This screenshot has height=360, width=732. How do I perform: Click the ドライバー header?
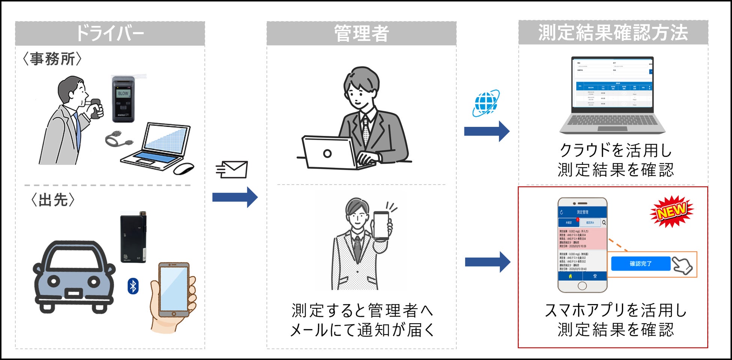(110, 33)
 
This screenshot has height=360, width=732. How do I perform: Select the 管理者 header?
(361, 33)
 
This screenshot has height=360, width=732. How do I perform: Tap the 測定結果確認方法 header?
(613, 33)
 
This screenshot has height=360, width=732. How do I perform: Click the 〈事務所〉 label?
(52, 59)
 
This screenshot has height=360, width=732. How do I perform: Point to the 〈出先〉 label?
(53, 200)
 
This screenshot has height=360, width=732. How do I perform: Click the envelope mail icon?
(232, 170)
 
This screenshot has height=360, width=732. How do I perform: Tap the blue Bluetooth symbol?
(133, 286)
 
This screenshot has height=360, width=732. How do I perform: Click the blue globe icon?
(486, 102)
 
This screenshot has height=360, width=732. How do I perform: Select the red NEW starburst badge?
(672, 211)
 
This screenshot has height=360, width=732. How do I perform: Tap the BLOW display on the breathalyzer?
(123, 93)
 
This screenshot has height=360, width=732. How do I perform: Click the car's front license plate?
(74, 293)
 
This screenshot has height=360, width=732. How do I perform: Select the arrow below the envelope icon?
(235, 197)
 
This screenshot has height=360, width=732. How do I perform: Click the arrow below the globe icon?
(486, 131)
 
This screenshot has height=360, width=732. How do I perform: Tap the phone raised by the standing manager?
(381, 225)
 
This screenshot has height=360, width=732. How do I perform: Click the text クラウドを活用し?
(616, 150)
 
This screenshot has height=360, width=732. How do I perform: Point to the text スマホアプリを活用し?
(616, 310)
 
